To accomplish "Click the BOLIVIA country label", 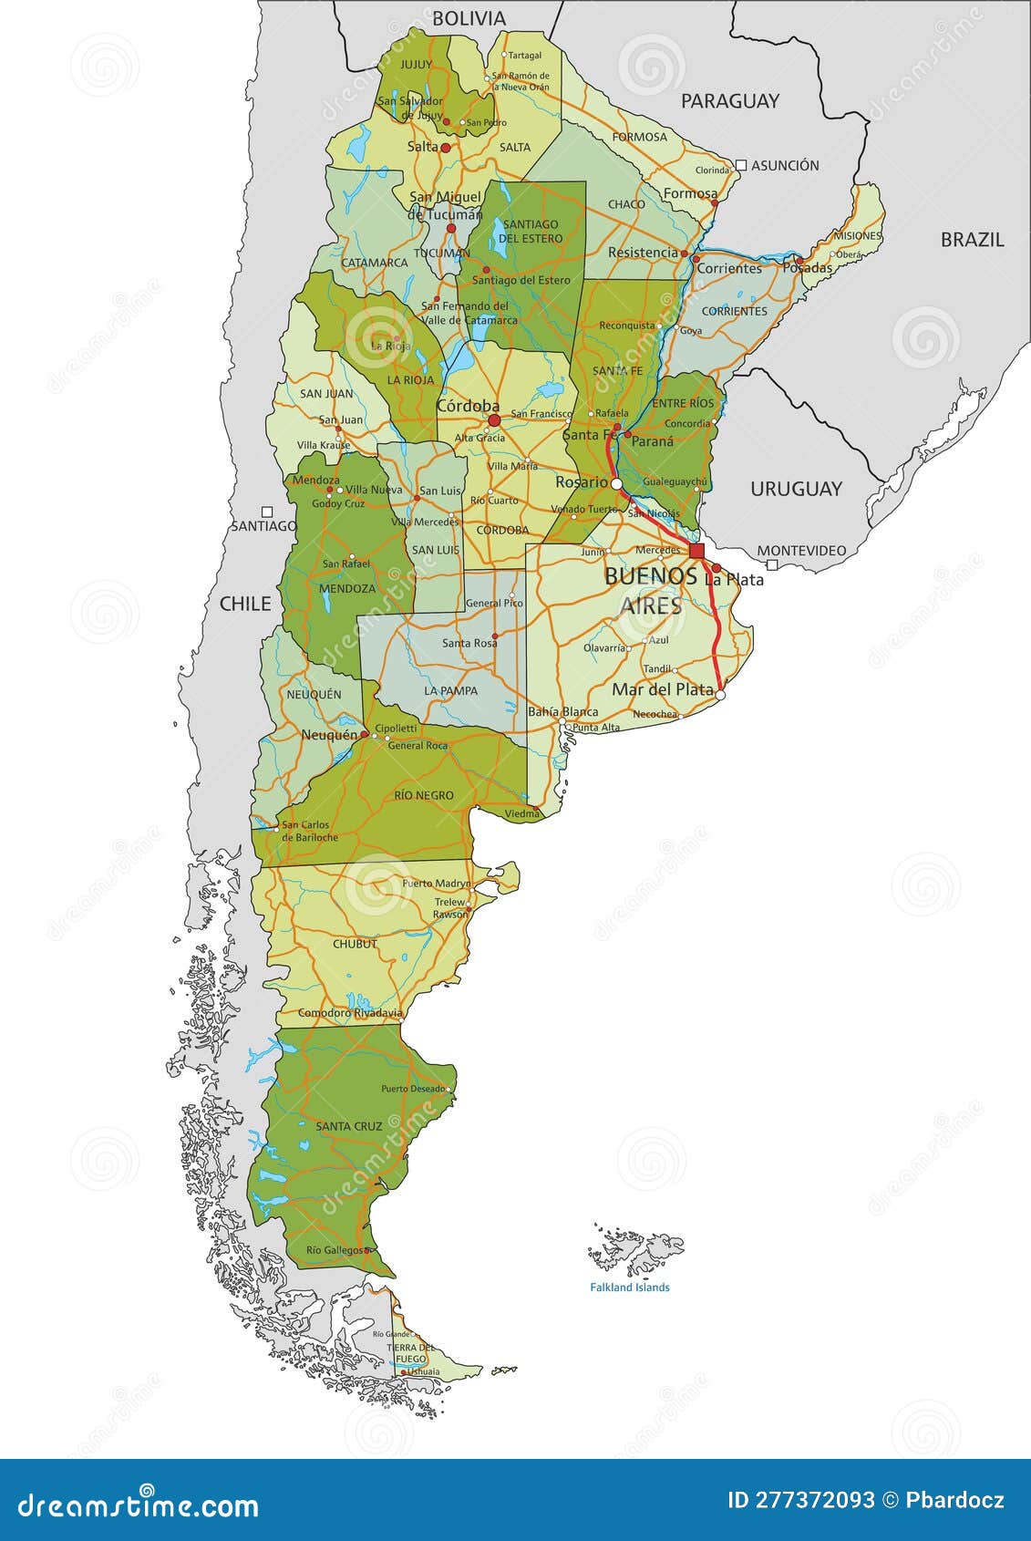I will pos(469,18).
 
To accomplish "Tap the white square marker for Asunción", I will pos(741,165).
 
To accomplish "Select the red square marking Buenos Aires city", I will pos(696,551).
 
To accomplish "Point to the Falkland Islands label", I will pos(629,1288).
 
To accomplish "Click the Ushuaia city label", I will pos(423,1371).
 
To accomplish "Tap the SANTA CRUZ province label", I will pos(348,1126).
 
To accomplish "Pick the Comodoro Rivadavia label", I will pos(350,1013).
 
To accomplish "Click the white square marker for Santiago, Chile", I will pos(267,512).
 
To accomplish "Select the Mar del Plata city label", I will pos(662,689).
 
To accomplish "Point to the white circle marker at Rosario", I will pos(616,483).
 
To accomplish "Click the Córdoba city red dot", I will pos(494,420).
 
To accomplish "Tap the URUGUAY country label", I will pos(796,489).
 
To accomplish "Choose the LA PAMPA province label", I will pos(450,690).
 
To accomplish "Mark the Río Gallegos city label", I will pos(334,1250).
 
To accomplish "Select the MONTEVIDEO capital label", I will pos(801,551).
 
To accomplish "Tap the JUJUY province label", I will pos(416,65).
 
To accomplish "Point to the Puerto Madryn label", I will pos(436,884).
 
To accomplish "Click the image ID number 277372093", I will pos(814,1500).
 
